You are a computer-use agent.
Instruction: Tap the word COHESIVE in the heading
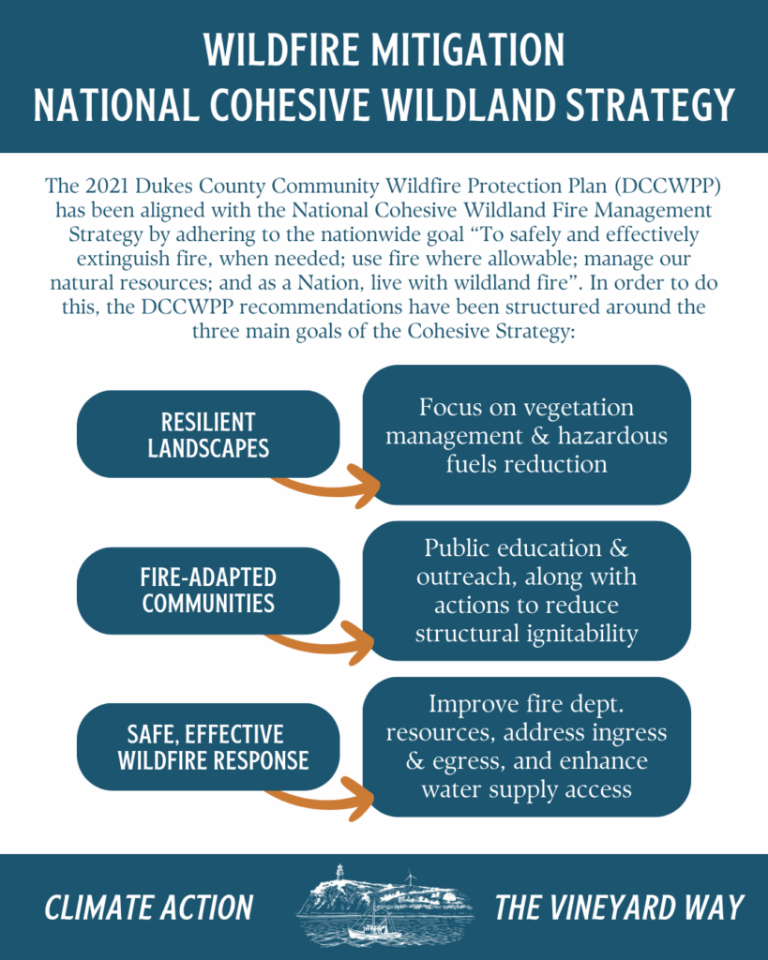(290, 105)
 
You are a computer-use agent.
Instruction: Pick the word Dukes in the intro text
(163, 186)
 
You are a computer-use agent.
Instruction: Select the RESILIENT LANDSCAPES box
(208, 434)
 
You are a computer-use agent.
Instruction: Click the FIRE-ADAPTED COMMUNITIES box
(208, 591)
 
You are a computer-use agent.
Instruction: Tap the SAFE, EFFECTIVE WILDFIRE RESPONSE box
(208, 746)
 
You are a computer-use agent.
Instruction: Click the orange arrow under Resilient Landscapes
(326, 487)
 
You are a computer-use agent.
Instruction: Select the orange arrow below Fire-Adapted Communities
(322, 644)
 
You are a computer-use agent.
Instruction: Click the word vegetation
(579, 408)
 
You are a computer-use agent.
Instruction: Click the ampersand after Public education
(619, 547)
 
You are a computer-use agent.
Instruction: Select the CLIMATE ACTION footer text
(149, 907)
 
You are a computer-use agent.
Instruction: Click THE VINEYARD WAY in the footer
(619, 907)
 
